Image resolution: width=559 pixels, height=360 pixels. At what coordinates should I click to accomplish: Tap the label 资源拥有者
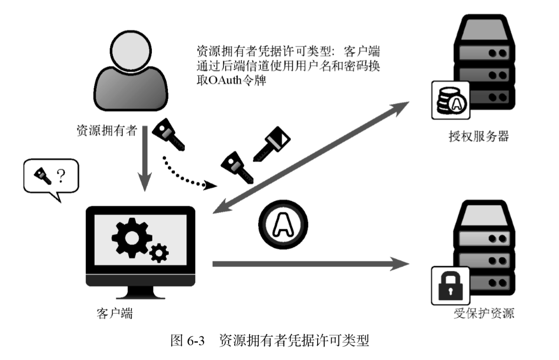pos(107,130)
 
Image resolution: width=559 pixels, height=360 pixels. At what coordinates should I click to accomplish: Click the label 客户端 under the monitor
pos(115,313)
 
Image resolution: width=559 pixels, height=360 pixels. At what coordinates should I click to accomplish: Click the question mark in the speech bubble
pos(62,176)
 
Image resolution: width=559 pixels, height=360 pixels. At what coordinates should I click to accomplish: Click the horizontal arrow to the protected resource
pos(310,264)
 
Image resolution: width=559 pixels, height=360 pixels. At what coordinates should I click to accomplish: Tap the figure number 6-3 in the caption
pos(195,340)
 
